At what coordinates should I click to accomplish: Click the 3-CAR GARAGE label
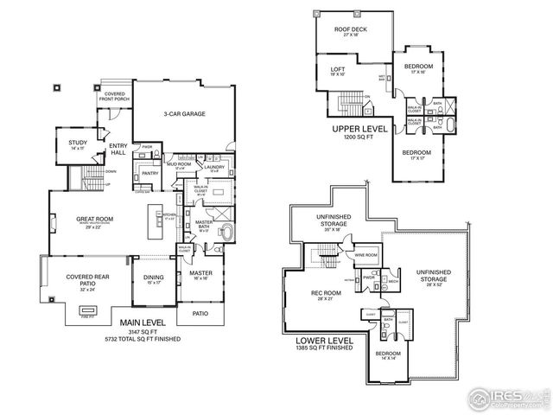coord(184,113)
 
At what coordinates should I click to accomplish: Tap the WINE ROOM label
coord(365,255)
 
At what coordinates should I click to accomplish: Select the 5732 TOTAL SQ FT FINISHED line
coord(141,339)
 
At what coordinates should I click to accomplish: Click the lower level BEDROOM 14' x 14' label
coord(386,354)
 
